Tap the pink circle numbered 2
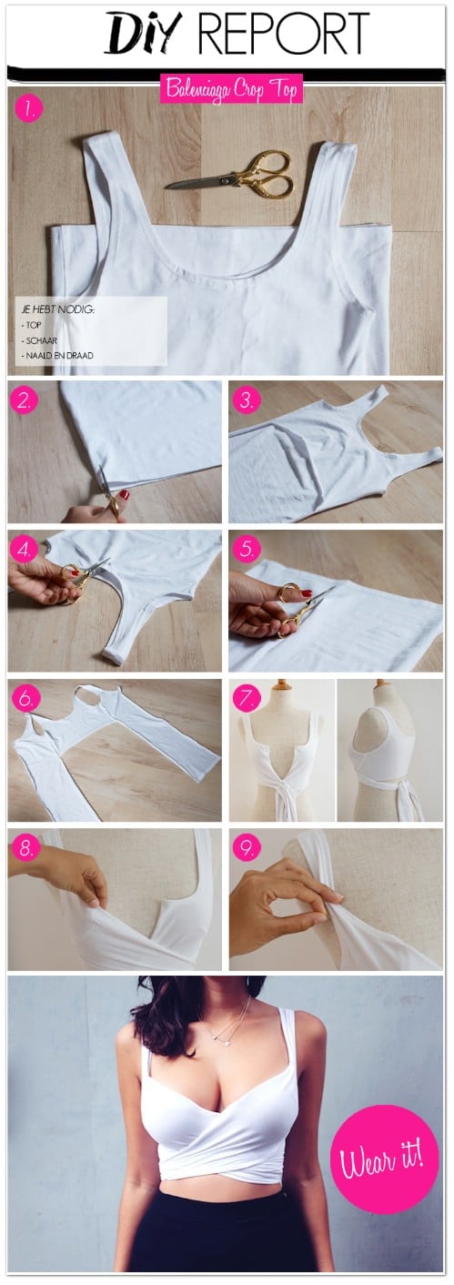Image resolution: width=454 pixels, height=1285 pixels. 24,400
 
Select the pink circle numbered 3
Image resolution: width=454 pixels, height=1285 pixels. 246,400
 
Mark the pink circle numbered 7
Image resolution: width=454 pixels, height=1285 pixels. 246,698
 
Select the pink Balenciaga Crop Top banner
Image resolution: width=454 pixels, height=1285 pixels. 231,89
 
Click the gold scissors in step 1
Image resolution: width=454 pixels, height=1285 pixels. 229,175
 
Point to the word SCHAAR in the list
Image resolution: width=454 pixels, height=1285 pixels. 41,340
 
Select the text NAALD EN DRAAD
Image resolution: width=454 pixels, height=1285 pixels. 59,355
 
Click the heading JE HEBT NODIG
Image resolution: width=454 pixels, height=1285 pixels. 57,309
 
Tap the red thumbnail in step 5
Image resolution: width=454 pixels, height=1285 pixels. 306,592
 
